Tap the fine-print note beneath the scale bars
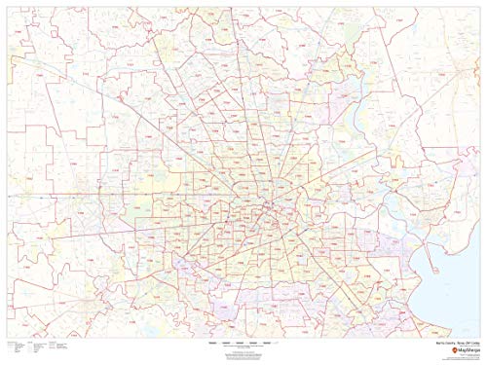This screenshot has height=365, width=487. (x=243, y=349)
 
